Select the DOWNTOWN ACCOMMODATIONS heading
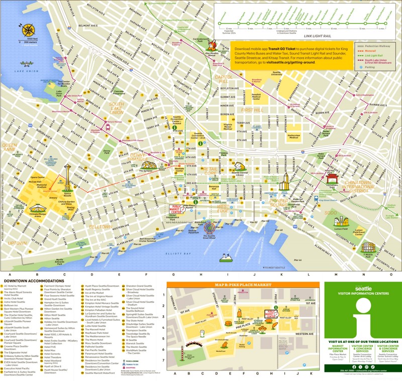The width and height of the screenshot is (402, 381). [33, 281]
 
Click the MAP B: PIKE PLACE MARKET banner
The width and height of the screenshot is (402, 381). [244, 285]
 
